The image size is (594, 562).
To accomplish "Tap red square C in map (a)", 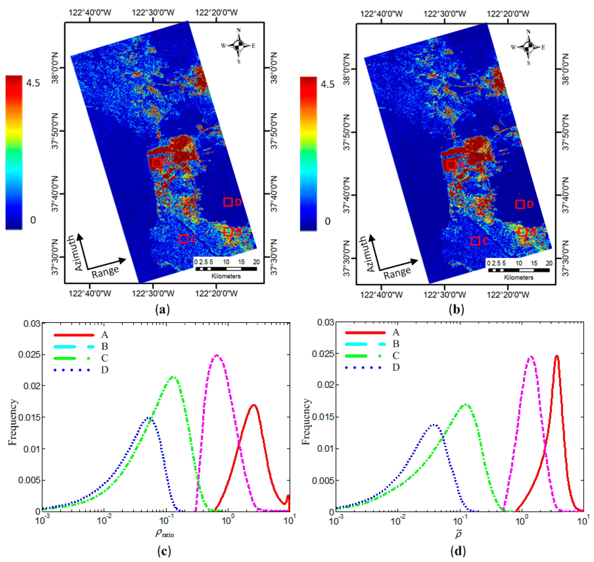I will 183,239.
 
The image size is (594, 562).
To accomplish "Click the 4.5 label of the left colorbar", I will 33,83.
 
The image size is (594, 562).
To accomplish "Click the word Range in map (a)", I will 105,272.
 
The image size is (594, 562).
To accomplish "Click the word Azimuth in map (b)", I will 371,254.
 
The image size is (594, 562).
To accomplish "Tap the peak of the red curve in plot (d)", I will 557,356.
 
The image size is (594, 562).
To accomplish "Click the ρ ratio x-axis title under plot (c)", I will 164,533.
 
